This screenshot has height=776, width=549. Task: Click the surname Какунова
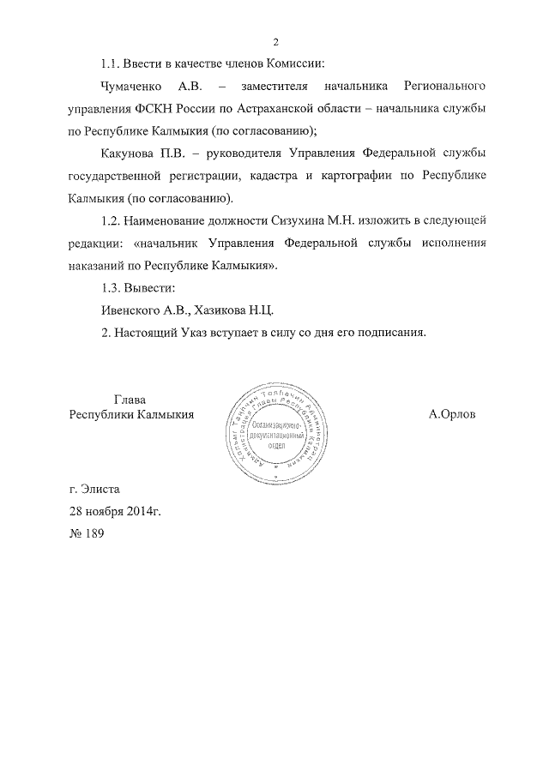click(128, 153)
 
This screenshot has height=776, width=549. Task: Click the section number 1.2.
click(112, 220)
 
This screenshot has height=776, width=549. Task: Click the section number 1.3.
click(112, 287)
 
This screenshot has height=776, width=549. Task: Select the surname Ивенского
click(130, 310)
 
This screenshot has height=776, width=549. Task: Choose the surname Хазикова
click(220, 310)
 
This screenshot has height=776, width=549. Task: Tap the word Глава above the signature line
click(130, 399)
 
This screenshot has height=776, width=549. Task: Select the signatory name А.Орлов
click(452, 414)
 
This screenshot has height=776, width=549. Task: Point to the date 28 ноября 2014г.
click(115, 511)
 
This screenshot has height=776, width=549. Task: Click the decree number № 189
click(86, 533)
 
